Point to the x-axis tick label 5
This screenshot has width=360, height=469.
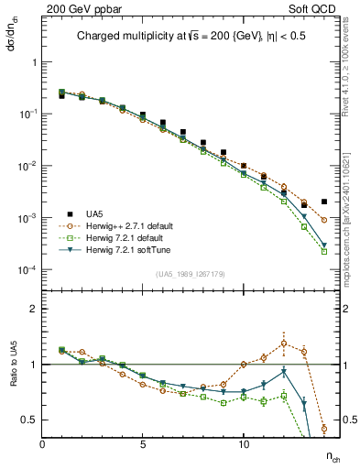[x=143, y=444]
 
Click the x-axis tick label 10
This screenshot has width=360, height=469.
[x=244, y=444]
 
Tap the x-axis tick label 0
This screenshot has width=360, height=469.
[x=42, y=444]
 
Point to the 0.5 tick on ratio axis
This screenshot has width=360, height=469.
[x=29, y=420]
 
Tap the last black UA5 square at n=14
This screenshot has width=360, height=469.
[x=324, y=202]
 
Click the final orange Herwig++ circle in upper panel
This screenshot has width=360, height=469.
[x=324, y=220]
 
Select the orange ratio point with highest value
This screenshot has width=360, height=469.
[x=284, y=344]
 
